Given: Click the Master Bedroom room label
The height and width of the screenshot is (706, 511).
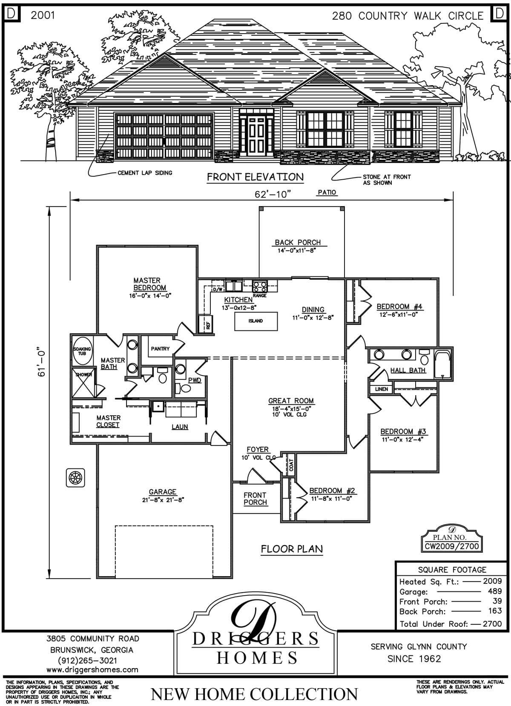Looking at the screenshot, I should click(x=147, y=284).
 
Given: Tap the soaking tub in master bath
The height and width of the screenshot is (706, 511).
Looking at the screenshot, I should click(x=82, y=352).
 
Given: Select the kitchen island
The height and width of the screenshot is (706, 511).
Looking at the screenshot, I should click(x=256, y=321).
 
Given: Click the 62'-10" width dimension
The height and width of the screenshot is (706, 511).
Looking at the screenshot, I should click(x=273, y=195).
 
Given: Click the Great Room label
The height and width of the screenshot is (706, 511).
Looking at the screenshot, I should click(x=291, y=401).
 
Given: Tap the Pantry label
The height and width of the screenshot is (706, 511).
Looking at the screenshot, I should click(x=160, y=349).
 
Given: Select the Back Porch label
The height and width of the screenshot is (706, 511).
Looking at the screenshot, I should click(x=297, y=243).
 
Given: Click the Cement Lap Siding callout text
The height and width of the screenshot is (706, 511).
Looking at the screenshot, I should click(x=145, y=173).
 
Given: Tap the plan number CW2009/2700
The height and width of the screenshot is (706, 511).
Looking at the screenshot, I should click(x=452, y=546).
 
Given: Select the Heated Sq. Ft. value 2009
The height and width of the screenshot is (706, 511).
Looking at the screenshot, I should click(x=492, y=581).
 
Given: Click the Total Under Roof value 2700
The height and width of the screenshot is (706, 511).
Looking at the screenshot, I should click(x=492, y=624).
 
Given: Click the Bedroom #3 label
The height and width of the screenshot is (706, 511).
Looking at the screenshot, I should click(x=403, y=431).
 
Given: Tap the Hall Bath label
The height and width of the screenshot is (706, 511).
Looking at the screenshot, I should click(x=408, y=370).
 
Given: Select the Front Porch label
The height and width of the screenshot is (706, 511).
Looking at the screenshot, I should click(x=255, y=499).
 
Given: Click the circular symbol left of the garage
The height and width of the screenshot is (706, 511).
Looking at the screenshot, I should click(x=75, y=477).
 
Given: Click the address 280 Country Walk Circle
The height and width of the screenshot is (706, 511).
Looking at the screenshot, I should click(x=408, y=16).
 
